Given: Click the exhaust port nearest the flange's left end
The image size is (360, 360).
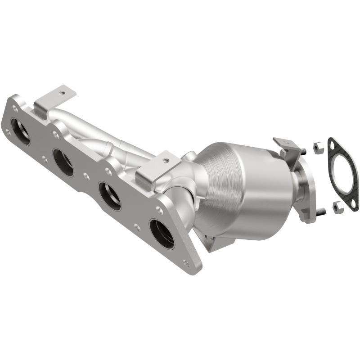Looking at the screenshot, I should click(20, 131).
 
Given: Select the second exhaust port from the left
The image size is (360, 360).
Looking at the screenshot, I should click(63, 162).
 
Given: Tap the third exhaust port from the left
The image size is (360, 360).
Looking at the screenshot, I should click(110, 196).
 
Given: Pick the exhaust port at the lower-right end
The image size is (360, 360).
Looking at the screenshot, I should click(162, 234).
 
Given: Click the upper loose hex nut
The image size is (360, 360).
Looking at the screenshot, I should click(317, 145).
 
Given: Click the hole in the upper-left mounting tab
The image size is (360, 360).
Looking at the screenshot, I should click(62, 93).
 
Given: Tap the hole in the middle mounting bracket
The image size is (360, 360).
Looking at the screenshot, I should click(165, 160).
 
